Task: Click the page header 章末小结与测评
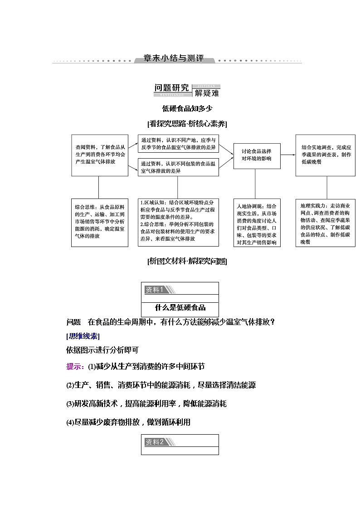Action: coord(174,59)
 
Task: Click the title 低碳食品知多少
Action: coord(187,108)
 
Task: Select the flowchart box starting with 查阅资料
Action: coord(98,155)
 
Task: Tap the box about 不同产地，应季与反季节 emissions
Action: coord(178,143)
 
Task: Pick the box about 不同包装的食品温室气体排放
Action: coord(178,167)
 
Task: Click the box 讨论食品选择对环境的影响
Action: coord(257,155)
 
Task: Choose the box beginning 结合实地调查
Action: coord(326,155)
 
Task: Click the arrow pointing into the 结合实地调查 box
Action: coord(288,155)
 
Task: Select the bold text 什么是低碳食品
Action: coord(180,308)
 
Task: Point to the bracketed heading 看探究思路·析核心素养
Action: coord(187,124)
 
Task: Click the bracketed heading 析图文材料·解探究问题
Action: coord(187,261)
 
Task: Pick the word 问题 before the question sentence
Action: coord(73,322)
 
